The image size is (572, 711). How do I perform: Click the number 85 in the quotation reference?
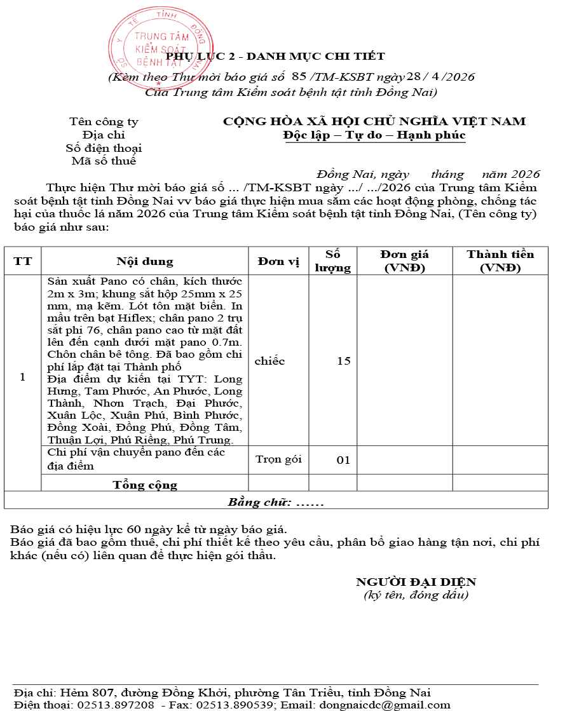[299, 77]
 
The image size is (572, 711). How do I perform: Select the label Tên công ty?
[104, 122]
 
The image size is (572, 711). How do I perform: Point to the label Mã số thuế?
[104, 161]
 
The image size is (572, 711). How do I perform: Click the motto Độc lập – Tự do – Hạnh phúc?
[374, 135]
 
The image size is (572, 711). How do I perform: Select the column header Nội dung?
[144, 261]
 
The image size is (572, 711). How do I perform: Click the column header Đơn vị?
[278, 261]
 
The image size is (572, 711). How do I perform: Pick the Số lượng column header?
[333, 261]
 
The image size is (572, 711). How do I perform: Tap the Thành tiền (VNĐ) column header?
[500, 261]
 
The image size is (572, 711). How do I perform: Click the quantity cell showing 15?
[343, 361]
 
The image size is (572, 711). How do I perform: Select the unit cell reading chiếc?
[269, 361]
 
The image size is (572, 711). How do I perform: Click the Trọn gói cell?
[278, 459]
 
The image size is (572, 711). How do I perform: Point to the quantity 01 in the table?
[343, 460]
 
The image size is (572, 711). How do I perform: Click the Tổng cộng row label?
[145, 485]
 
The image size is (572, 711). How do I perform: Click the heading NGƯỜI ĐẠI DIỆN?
[416, 582]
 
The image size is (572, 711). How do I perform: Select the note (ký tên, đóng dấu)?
[416, 595]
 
